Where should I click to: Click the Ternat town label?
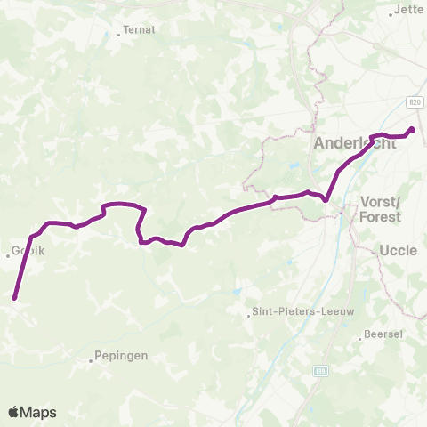click(x=140, y=29)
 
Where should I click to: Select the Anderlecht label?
click(x=350, y=144)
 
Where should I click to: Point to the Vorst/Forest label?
click(x=381, y=208)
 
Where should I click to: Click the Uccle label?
click(x=398, y=251)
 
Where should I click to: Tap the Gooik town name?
click(x=28, y=251)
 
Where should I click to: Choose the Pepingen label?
click(x=119, y=356)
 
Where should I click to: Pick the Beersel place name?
click(x=383, y=335)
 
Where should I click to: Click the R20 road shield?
click(x=416, y=103)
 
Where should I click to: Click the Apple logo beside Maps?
click(x=14, y=412)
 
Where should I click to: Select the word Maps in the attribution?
click(x=39, y=412)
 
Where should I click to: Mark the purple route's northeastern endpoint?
click(x=412, y=130)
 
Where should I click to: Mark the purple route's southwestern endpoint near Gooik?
click(x=15, y=298)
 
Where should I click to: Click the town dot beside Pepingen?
click(x=92, y=361)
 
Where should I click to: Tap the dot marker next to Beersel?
click(x=363, y=336)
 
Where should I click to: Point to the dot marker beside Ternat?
click(x=119, y=35)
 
